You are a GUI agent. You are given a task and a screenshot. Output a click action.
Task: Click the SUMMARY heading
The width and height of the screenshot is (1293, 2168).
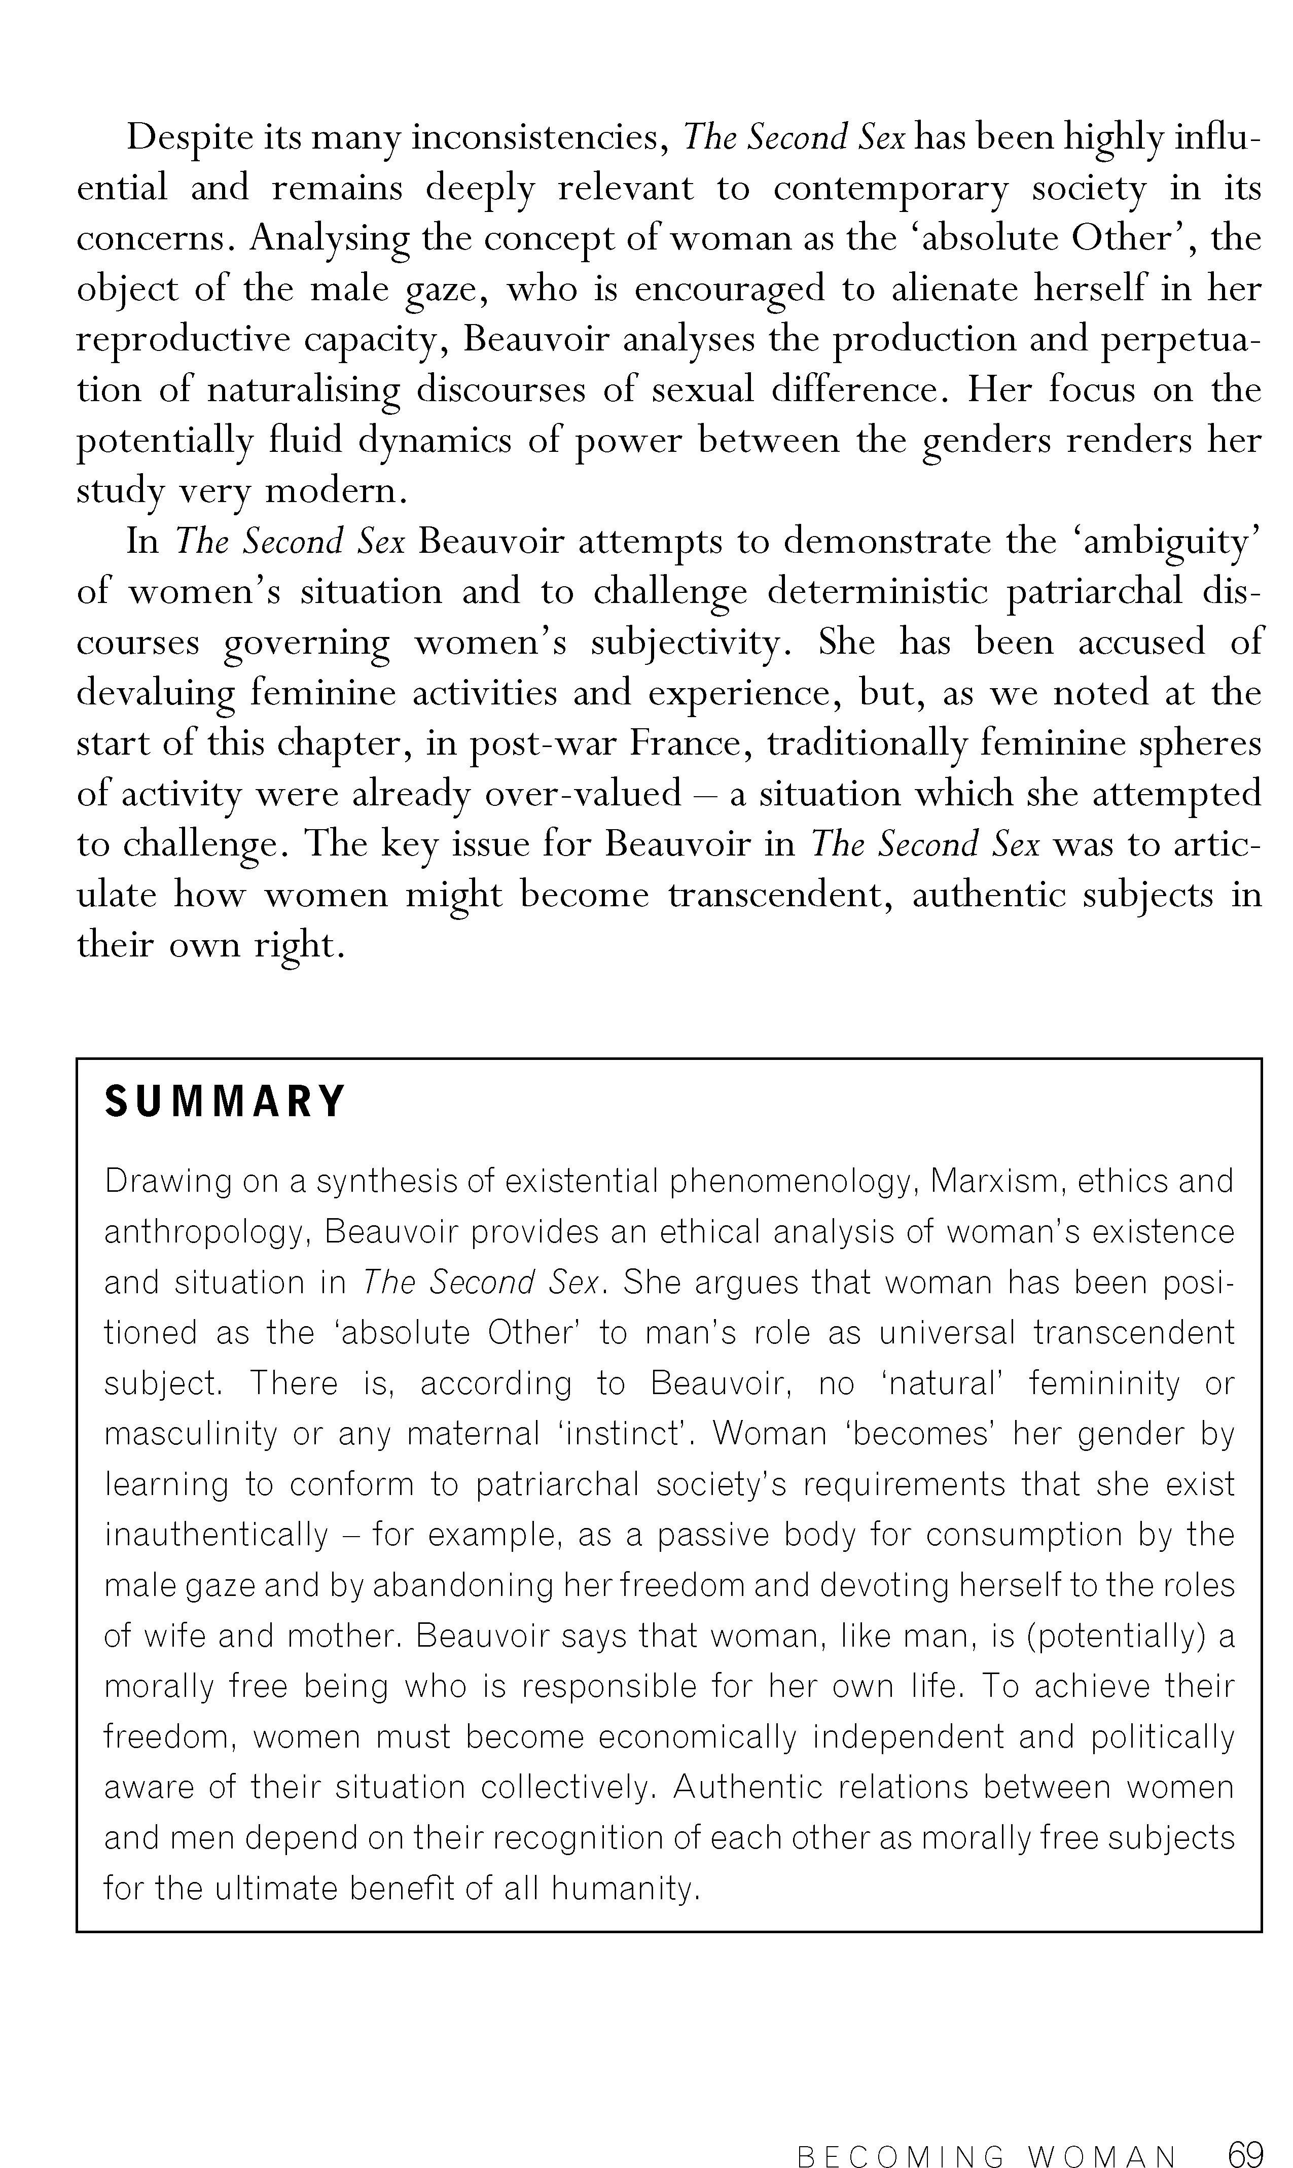click(x=225, y=1101)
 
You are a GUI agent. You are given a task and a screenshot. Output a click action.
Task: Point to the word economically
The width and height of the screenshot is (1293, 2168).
click(x=697, y=1736)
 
